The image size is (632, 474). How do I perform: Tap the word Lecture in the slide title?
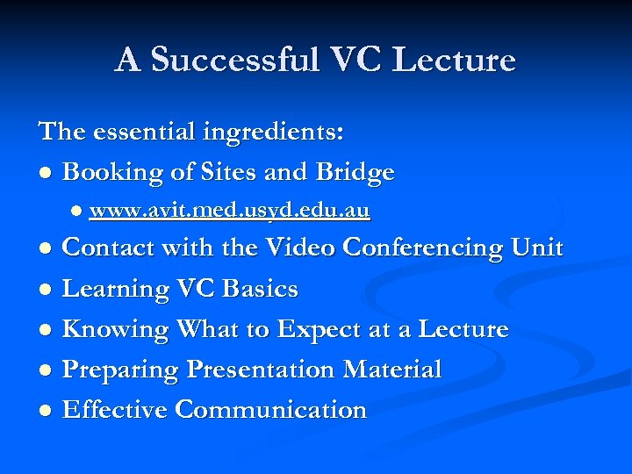[x=455, y=60]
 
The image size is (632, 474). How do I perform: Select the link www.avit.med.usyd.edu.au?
[x=229, y=211]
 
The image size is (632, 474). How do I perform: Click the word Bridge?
[x=354, y=173]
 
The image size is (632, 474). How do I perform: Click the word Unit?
[x=535, y=248]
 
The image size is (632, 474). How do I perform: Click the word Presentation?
[x=261, y=370]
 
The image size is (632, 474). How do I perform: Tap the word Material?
[x=392, y=370]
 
